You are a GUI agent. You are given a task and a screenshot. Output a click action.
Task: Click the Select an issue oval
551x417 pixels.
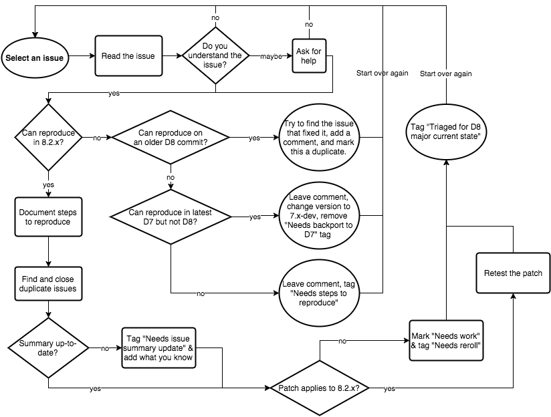point(35,57)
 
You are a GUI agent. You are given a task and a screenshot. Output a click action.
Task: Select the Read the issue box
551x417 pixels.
point(128,56)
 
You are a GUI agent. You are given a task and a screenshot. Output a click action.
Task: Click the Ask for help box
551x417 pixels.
point(310,56)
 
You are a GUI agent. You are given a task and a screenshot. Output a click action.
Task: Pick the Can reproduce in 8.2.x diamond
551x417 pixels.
point(48,138)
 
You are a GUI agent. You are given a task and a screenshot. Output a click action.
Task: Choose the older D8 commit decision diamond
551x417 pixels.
point(170,138)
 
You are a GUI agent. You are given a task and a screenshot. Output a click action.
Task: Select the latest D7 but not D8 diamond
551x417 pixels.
point(170,217)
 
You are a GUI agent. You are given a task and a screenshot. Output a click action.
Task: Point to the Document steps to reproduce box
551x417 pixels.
point(48,216)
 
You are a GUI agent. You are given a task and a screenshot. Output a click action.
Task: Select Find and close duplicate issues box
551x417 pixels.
point(48,284)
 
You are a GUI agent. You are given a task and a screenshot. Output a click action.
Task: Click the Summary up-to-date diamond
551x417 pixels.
point(48,347)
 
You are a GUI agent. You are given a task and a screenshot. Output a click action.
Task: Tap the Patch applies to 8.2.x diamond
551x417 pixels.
point(319,388)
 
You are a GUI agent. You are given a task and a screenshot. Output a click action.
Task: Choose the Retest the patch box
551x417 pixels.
point(513,273)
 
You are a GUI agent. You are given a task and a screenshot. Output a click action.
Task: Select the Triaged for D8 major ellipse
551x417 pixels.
point(447,129)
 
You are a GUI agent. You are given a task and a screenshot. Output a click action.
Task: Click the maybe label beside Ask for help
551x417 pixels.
point(270,57)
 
